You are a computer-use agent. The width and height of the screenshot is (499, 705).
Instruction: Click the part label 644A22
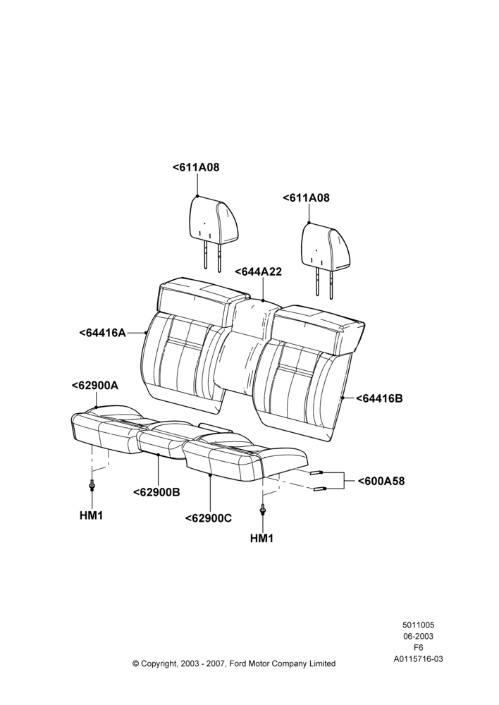coord(259,271)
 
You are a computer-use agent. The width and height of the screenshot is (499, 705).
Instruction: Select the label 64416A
coord(102,333)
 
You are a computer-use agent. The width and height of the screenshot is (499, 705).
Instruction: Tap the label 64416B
coord(379,398)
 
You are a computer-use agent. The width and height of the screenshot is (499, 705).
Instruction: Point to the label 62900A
coord(95,386)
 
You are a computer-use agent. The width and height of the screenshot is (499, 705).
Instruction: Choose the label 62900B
coord(156,492)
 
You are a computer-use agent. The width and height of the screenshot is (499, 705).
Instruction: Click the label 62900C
coord(208,518)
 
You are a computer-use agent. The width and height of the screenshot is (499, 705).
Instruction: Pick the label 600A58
coord(381,481)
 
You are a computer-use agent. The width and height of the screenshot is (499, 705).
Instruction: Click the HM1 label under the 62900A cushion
coord(91,516)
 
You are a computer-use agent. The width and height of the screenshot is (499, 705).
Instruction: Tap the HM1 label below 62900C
coord(261,538)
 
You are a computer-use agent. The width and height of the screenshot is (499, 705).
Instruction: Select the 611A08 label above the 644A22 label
coord(306,198)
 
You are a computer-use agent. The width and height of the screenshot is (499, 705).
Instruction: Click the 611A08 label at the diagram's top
coord(196,167)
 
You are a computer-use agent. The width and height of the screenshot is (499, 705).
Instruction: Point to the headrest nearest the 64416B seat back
coord(325,257)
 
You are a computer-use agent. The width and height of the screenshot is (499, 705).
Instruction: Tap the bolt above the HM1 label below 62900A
coord(92,485)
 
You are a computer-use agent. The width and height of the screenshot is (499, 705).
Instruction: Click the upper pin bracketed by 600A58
coord(316,472)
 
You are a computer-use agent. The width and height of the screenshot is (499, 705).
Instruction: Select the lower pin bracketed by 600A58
coord(319,489)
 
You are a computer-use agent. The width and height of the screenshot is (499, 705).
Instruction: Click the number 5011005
coord(418,625)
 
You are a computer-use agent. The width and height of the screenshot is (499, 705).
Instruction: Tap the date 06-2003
coord(418,636)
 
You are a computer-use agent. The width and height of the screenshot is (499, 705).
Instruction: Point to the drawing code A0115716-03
coord(418,659)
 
